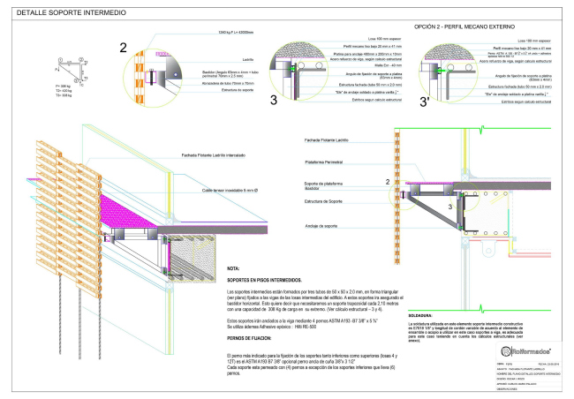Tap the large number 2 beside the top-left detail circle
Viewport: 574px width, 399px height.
tap(124, 48)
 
